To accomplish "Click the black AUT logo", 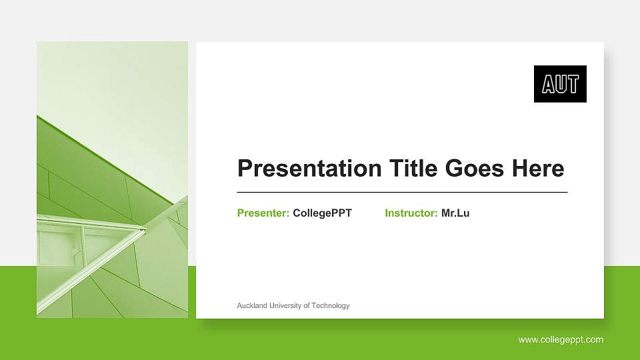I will coord(560,84).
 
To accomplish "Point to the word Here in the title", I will coord(537,169).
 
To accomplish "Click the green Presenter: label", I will coord(263,213).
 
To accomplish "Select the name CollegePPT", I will coord(322,213).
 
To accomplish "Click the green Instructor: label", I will coord(411,213).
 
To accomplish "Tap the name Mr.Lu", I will coord(455,213).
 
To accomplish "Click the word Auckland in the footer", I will coord(252,306).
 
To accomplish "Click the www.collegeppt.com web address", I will coord(561,340).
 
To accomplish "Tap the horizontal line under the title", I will coord(402,192).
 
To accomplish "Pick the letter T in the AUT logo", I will coord(573,85).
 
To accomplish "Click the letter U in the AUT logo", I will coord(560,85).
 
